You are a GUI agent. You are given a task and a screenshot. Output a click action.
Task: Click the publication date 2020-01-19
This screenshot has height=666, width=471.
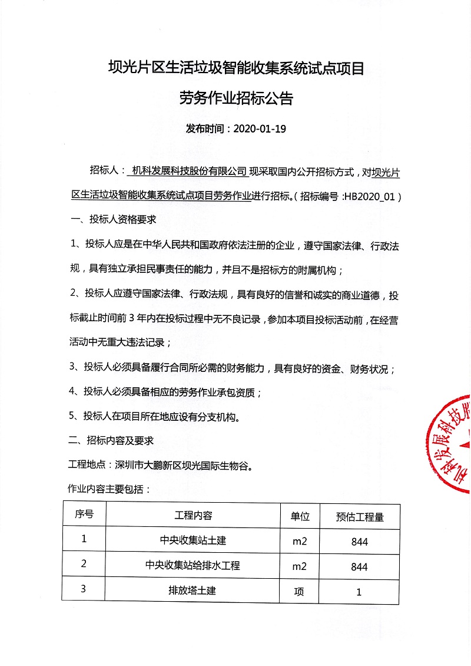[260, 128]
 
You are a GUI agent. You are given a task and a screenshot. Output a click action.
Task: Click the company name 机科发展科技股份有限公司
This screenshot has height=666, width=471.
[189, 172]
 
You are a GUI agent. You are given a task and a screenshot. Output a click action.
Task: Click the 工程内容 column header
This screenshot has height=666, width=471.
[193, 516]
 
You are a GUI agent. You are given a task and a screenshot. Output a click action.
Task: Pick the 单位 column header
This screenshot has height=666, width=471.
[300, 516]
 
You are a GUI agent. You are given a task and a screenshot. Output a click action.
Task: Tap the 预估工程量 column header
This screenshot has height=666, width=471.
[359, 517]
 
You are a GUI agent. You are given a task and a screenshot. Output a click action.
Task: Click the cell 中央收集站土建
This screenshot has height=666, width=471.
[193, 540]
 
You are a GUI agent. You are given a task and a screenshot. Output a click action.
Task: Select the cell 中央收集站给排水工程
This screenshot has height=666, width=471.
[193, 565]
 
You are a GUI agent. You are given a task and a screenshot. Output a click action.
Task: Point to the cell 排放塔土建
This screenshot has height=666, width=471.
[193, 590]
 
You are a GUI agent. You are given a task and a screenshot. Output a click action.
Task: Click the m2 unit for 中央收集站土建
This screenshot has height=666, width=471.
[300, 541]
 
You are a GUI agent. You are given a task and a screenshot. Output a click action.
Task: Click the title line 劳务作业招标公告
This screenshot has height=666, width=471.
[236, 98]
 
